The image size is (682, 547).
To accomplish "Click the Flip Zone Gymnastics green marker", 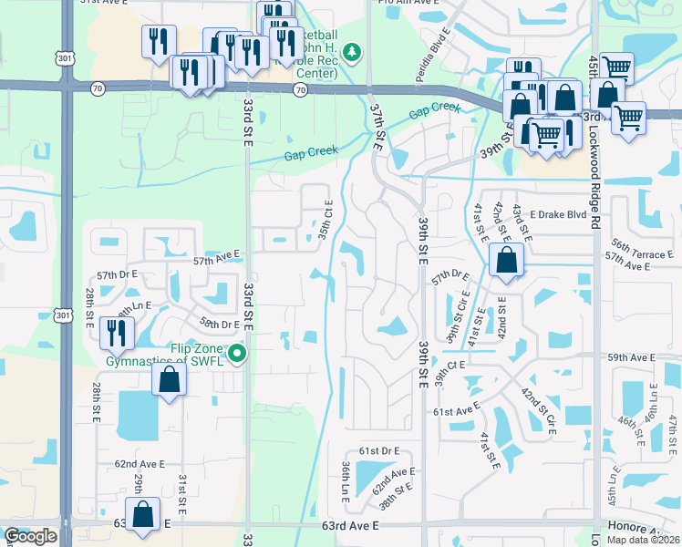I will [237, 353].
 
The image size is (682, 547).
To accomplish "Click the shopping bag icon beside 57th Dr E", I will [505, 260].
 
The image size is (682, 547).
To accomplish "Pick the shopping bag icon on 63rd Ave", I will [142, 514].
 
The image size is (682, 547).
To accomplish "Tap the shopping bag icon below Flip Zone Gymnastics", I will [170, 379].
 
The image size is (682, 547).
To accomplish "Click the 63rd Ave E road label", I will [349, 526].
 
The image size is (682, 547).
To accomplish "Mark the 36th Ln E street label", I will [346, 480].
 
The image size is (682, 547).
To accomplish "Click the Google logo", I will [30, 536].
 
